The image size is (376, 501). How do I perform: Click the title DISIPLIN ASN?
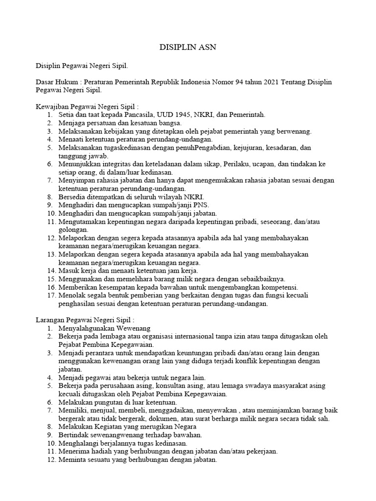[188, 47]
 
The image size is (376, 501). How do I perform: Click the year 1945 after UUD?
[170, 114]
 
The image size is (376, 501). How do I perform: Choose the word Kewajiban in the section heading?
[53, 106]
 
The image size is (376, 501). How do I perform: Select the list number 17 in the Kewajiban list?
[51, 296]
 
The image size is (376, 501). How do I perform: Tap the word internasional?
[192, 337]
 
